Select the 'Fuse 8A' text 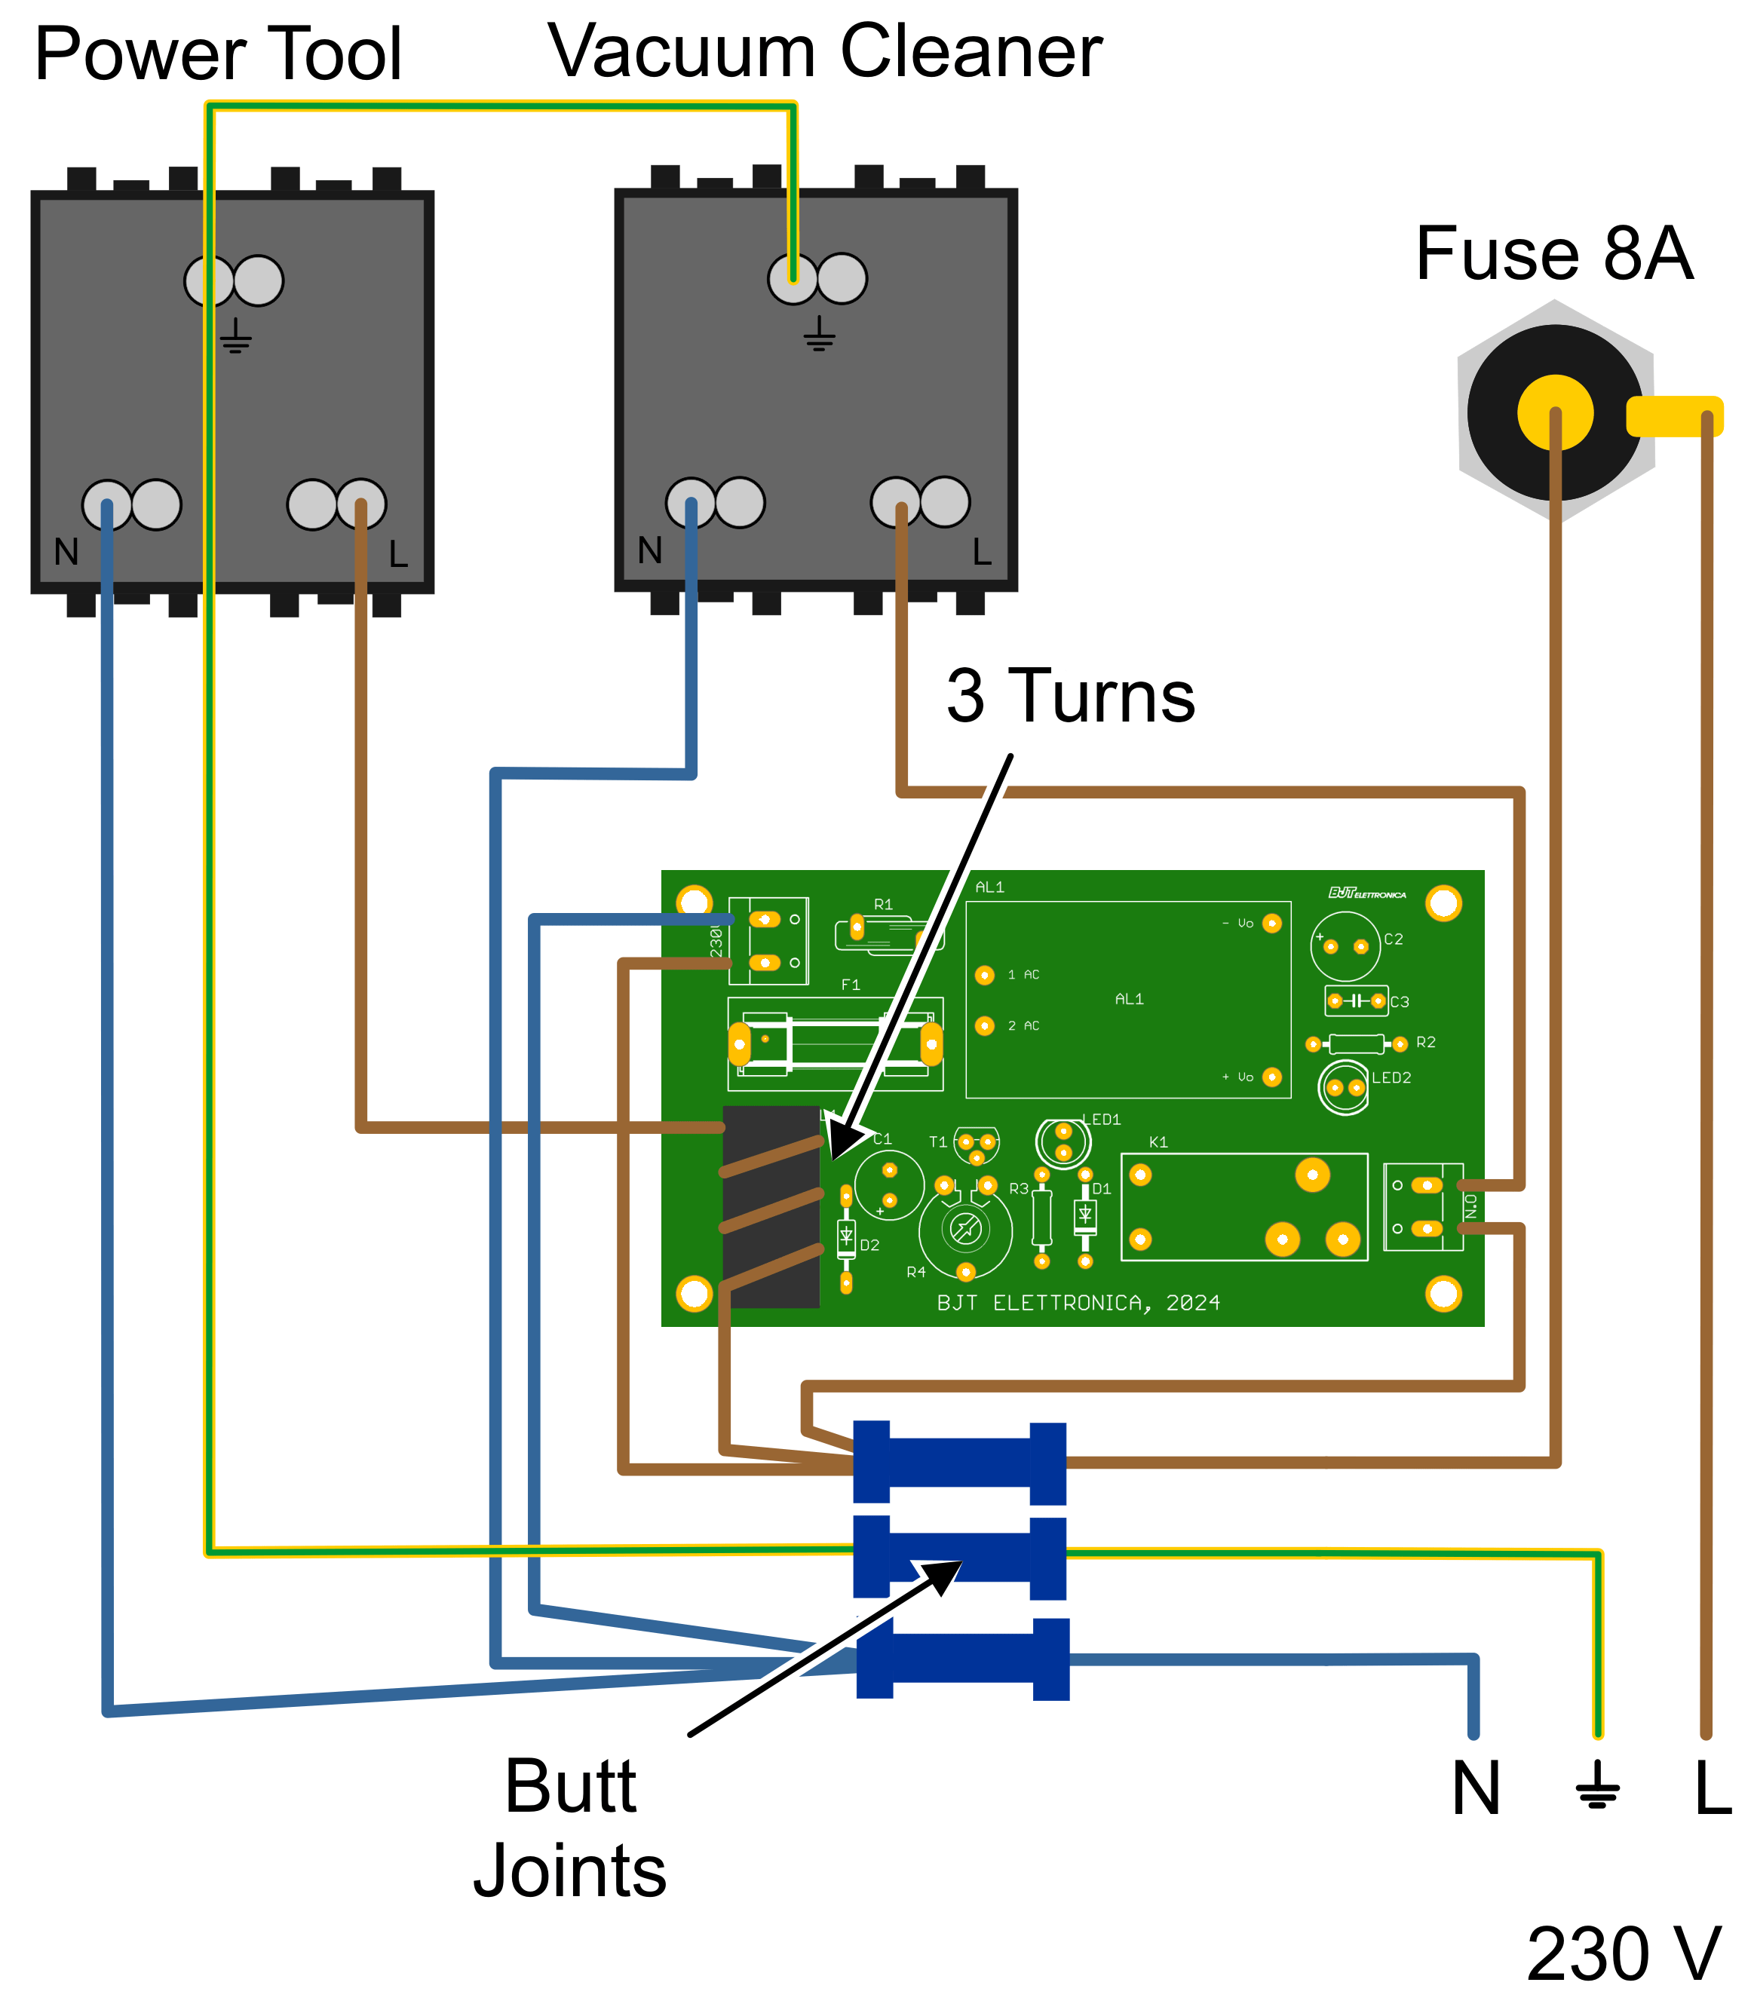click(x=1553, y=253)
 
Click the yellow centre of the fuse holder click(x=1554, y=413)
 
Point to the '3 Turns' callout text click(x=1070, y=696)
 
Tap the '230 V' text click(x=1622, y=1954)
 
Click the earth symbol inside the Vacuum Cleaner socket click(x=819, y=334)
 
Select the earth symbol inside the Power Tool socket click(x=236, y=336)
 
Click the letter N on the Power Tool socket click(x=66, y=553)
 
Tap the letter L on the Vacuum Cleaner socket click(x=982, y=553)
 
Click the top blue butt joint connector click(x=959, y=1463)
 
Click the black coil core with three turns click(x=771, y=1206)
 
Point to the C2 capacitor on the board click(x=1345, y=945)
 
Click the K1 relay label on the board click(x=1158, y=1142)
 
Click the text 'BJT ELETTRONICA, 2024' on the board click(x=1078, y=1303)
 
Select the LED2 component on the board click(x=1344, y=1087)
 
